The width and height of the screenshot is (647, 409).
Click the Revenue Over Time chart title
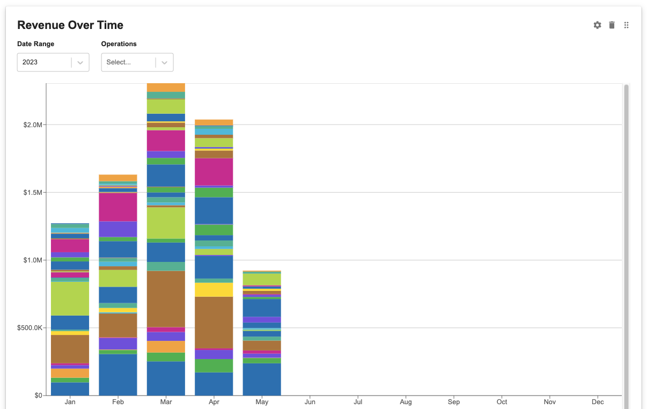[70, 25]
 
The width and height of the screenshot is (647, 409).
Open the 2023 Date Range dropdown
[53, 62]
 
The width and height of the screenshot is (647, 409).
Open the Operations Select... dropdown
[137, 62]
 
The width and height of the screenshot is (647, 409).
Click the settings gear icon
[597, 25]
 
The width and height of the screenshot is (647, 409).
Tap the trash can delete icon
[612, 25]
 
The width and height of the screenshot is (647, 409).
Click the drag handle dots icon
[626, 25]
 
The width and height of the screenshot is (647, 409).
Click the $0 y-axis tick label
[38, 396]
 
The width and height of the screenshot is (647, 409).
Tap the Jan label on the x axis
[70, 402]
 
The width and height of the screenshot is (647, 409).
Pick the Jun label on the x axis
[310, 402]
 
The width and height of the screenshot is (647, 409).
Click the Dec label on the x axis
[598, 402]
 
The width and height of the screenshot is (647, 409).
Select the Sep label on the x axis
[454, 402]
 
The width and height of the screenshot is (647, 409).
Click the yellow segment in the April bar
[214, 290]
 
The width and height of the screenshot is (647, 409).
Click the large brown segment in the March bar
[166, 298]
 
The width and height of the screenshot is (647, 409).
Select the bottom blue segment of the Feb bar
[118, 375]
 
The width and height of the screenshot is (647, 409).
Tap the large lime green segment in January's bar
[70, 298]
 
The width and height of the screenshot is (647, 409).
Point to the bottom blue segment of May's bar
[262, 379]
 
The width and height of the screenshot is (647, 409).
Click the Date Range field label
[36, 44]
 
